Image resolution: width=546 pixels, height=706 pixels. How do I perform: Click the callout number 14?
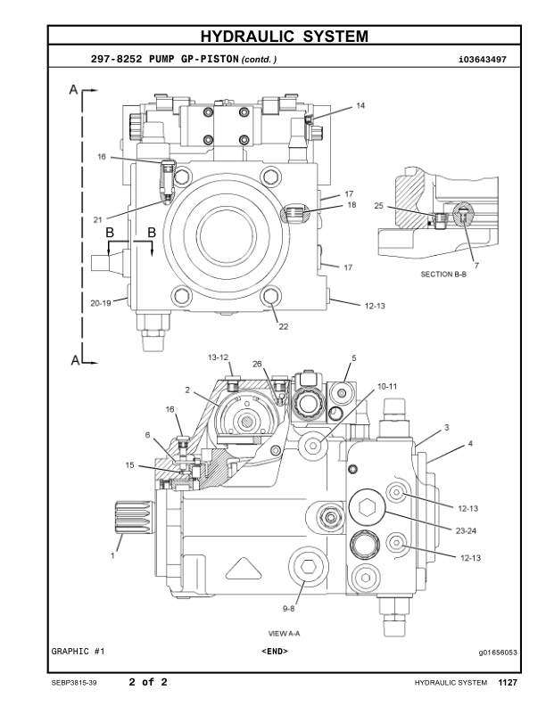coord(360,105)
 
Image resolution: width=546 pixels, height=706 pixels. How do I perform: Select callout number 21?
coord(97,218)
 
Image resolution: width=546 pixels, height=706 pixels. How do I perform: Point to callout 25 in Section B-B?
coord(379,206)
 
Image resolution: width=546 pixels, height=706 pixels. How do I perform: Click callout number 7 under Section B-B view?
coord(476,265)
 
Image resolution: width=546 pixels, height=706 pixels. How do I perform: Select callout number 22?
coord(284,326)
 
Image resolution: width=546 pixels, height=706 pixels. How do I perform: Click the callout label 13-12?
coord(219,356)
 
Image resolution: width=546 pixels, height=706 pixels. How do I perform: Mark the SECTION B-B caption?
coord(443,275)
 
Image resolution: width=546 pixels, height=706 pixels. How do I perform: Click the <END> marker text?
coord(274,652)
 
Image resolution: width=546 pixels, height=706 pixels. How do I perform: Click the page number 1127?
coord(508,683)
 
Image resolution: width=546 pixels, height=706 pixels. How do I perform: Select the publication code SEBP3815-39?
coord(76,683)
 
